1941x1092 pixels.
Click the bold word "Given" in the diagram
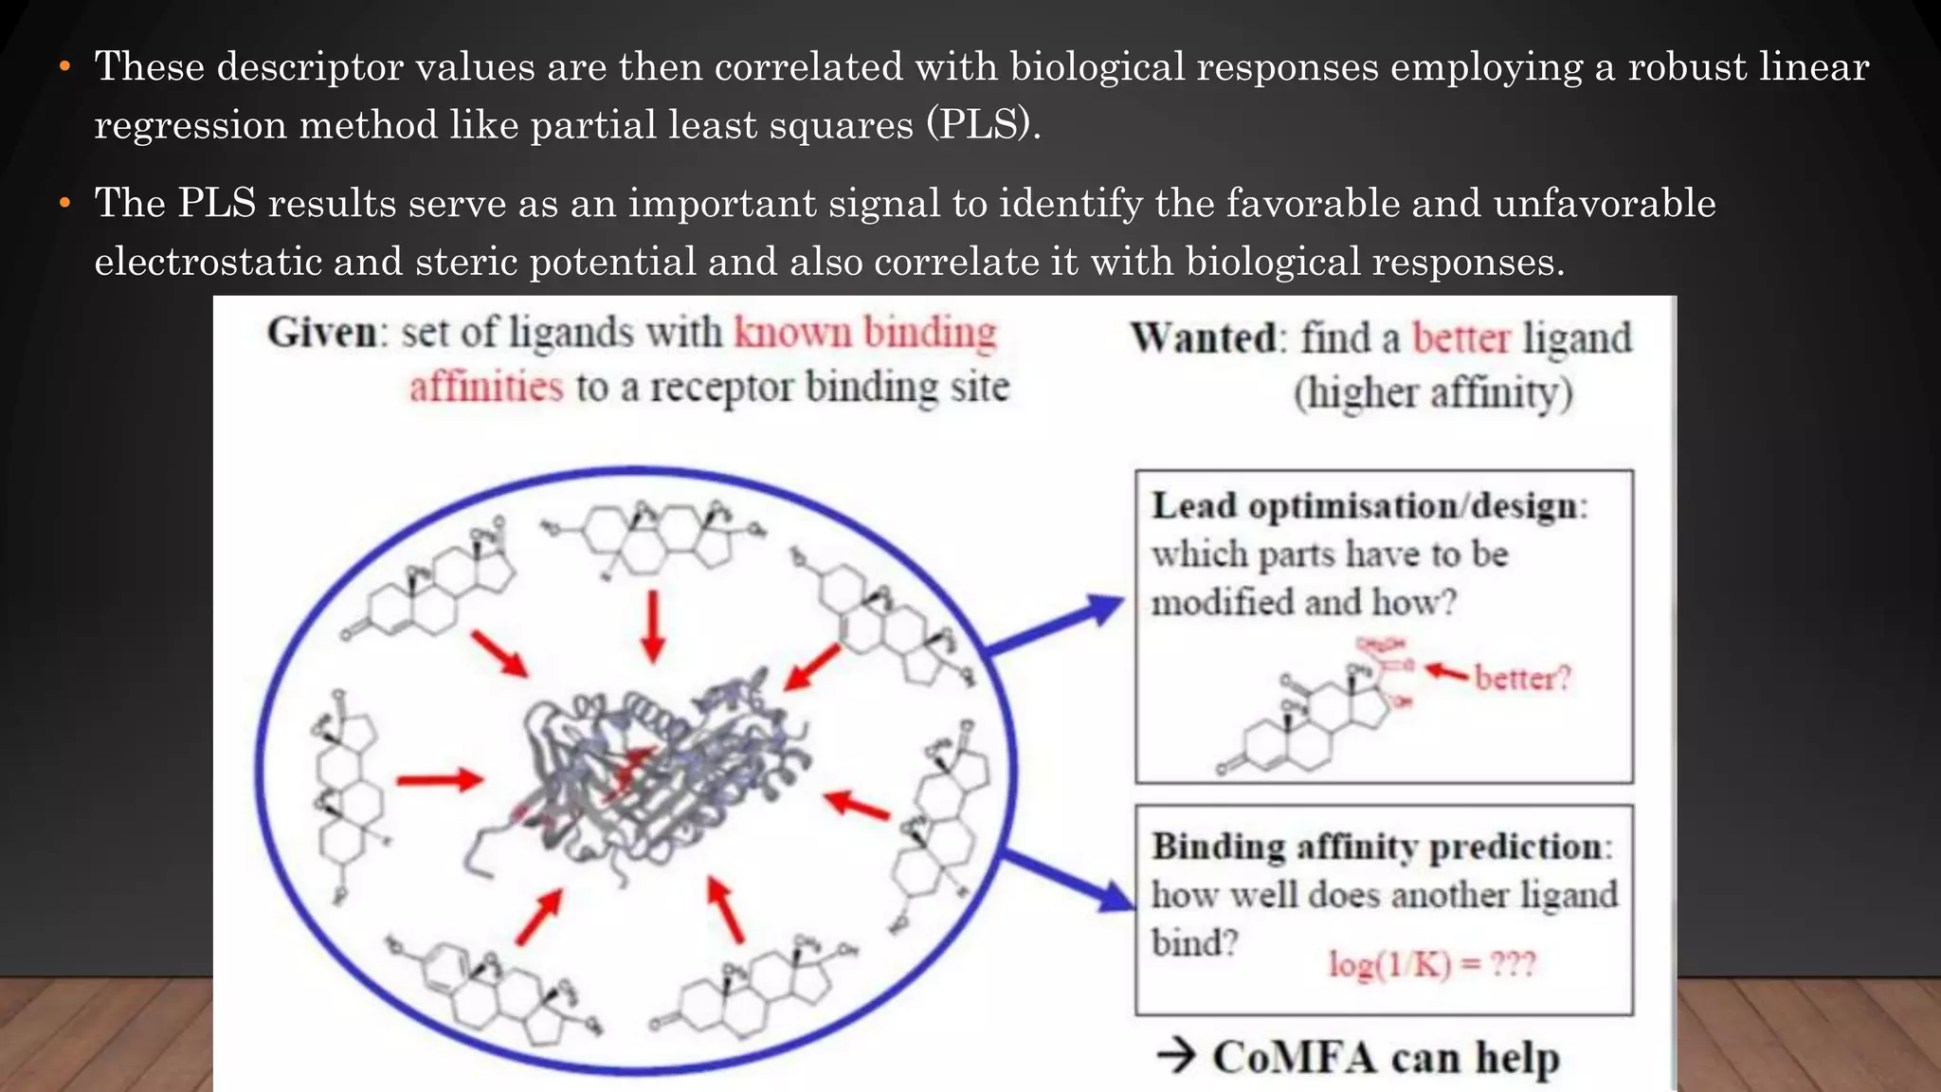(x=322, y=334)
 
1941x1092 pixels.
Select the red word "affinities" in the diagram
(x=486, y=388)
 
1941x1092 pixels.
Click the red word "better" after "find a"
(x=1461, y=338)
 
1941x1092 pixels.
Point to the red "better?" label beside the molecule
(x=1522, y=678)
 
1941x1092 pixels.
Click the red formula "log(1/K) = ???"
(x=1431, y=964)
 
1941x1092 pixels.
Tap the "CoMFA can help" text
(x=1386, y=1057)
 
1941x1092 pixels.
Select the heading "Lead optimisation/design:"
(x=1369, y=506)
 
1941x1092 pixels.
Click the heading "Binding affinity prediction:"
(x=1381, y=846)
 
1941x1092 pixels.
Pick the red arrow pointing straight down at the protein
(x=652, y=626)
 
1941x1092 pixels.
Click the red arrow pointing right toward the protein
(x=439, y=780)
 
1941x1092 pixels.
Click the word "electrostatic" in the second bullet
(x=209, y=263)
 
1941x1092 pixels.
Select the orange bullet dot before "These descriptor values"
(x=64, y=67)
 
